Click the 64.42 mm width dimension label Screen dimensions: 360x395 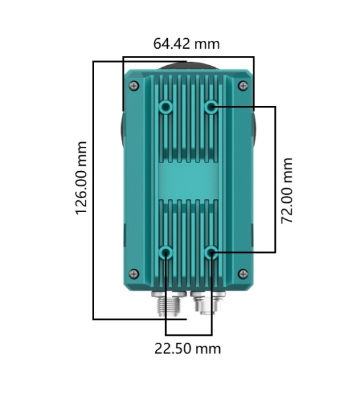tap(186, 43)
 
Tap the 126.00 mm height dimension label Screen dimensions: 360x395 tap(82, 178)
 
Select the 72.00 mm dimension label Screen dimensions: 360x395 tap(287, 190)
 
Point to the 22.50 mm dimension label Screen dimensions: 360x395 tap(188, 349)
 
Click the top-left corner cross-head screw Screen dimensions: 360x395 tap(134, 86)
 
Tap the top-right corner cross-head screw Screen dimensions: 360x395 tap(243, 86)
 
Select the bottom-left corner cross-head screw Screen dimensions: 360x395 tap(134, 274)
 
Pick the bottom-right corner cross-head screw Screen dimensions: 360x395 tap(243, 274)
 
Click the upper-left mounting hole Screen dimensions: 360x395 tap(166, 107)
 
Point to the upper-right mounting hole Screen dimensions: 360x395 tap(211, 107)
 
